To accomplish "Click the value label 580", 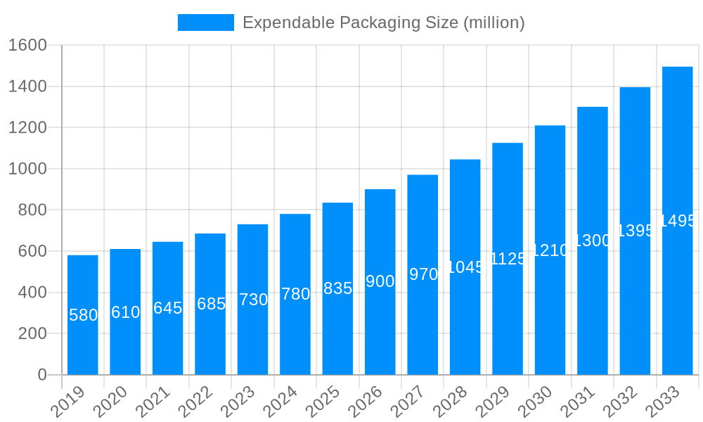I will click(83, 315).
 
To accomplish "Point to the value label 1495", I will click(678, 221).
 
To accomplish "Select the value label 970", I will click(423, 274).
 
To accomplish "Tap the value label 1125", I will click(508, 259).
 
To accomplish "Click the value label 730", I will click(253, 300).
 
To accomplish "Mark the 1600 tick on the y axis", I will click(27, 46).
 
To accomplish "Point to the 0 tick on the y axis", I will click(42, 375).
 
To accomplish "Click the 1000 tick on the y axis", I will click(27, 169).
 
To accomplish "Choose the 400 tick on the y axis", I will click(32, 293).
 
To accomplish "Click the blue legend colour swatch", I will click(205, 23).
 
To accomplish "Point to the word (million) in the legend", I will click(494, 23).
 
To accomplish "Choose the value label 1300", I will click(593, 241).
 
